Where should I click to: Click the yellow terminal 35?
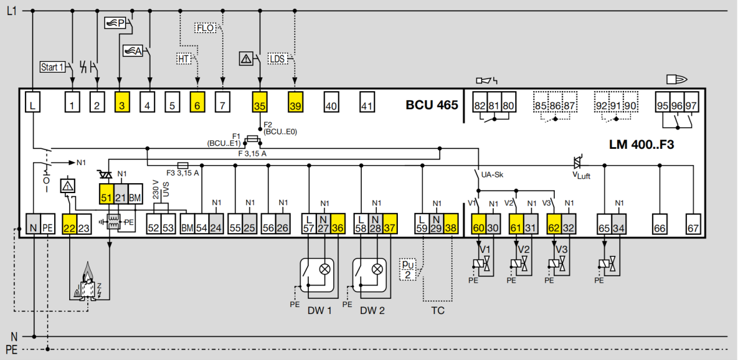pos(259,102)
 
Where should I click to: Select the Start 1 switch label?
pos(52,67)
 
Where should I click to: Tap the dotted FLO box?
pos(205,28)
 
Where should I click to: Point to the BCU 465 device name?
pos(432,105)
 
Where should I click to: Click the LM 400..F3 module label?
pos(641,145)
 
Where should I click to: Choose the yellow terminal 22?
pos(70,224)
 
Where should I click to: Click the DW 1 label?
pos(319,311)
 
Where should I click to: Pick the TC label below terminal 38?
pos(438,311)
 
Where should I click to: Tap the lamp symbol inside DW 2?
pos(377,269)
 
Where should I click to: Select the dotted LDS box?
pos(277,59)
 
